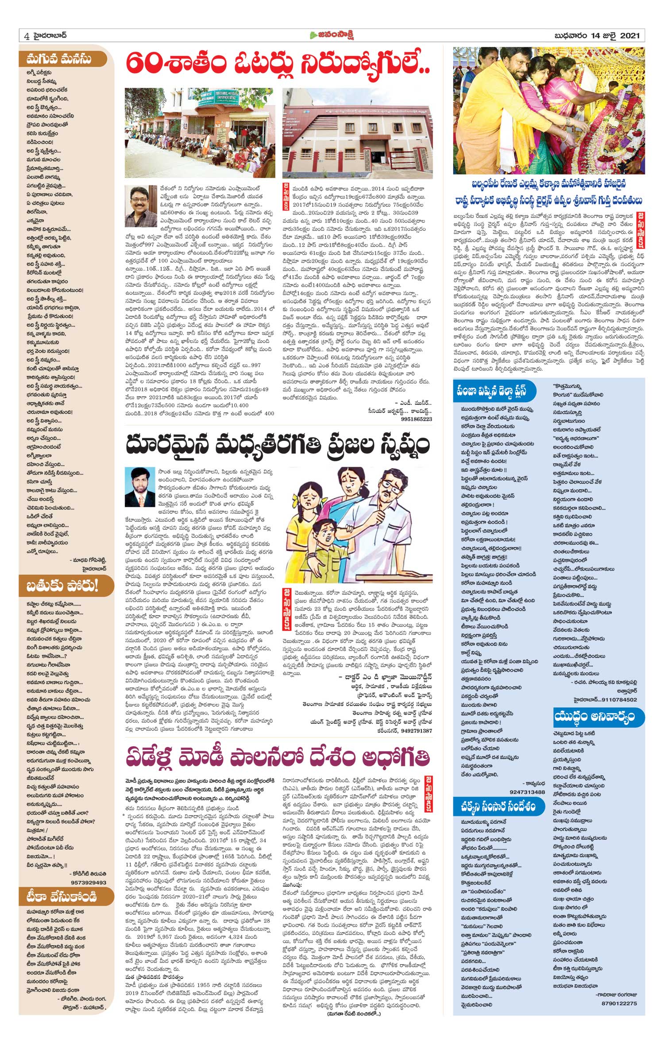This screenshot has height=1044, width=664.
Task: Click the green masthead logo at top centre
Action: point(332,35)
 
